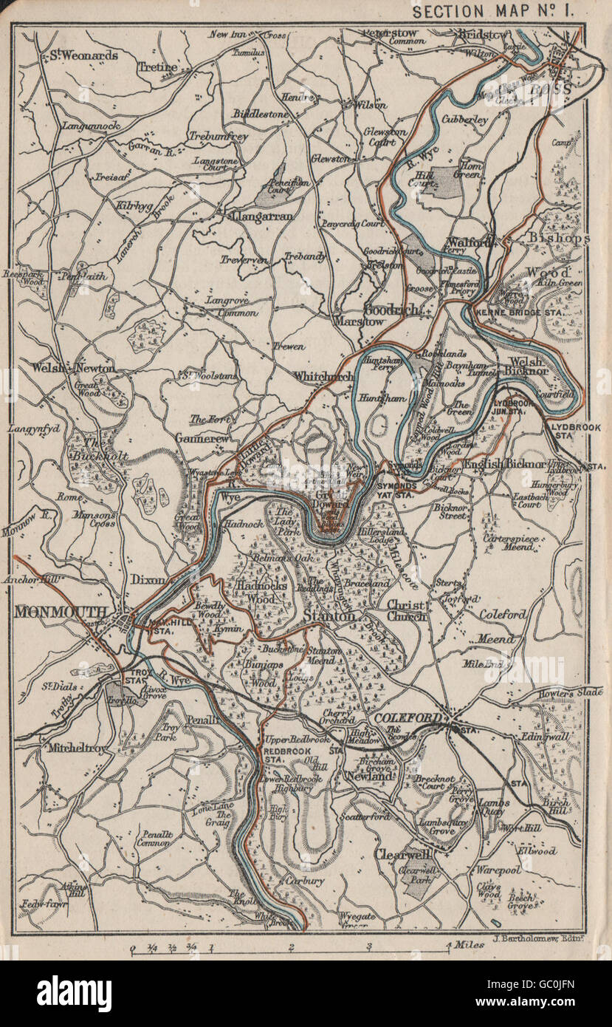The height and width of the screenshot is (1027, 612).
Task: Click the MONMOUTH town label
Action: (x=61, y=612)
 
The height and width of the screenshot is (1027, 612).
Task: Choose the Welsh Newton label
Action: (x=74, y=367)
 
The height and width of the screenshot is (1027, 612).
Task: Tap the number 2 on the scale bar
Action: (x=292, y=947)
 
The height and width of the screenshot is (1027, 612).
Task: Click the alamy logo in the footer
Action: (x=74, y=993)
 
